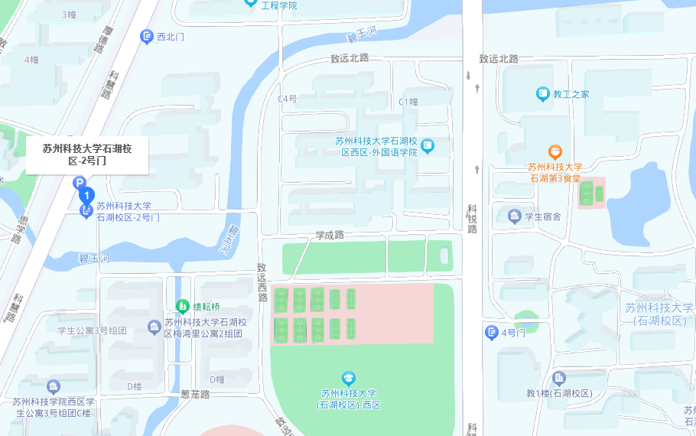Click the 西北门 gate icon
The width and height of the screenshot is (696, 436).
click(146, 37)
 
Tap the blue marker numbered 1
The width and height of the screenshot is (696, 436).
click(86, 196)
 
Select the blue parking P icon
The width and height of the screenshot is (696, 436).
click(78, 183)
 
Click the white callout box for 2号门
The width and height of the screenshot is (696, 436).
click(87, 155)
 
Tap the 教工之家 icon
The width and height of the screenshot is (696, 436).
click(543, 94)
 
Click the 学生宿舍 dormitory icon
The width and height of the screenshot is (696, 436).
click(514, 216)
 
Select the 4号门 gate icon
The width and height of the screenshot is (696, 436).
click(492, 333)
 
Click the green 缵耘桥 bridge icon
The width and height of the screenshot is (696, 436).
click(182, 307)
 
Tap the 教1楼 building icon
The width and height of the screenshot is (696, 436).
click(559, 379)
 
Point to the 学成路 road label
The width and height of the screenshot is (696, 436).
click(330, 236)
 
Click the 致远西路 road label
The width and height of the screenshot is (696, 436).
click(262, 282)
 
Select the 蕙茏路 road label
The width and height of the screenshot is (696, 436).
click(195, 395)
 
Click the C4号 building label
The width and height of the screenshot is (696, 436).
click(287, 99)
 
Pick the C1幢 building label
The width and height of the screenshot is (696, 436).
click(408, 102)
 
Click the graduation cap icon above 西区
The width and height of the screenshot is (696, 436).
click(349, 378)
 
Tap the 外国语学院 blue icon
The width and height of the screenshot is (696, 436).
click(428, 145)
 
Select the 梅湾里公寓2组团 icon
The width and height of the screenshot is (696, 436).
click(154, 327)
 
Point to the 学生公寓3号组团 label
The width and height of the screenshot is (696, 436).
click(91, 330)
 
